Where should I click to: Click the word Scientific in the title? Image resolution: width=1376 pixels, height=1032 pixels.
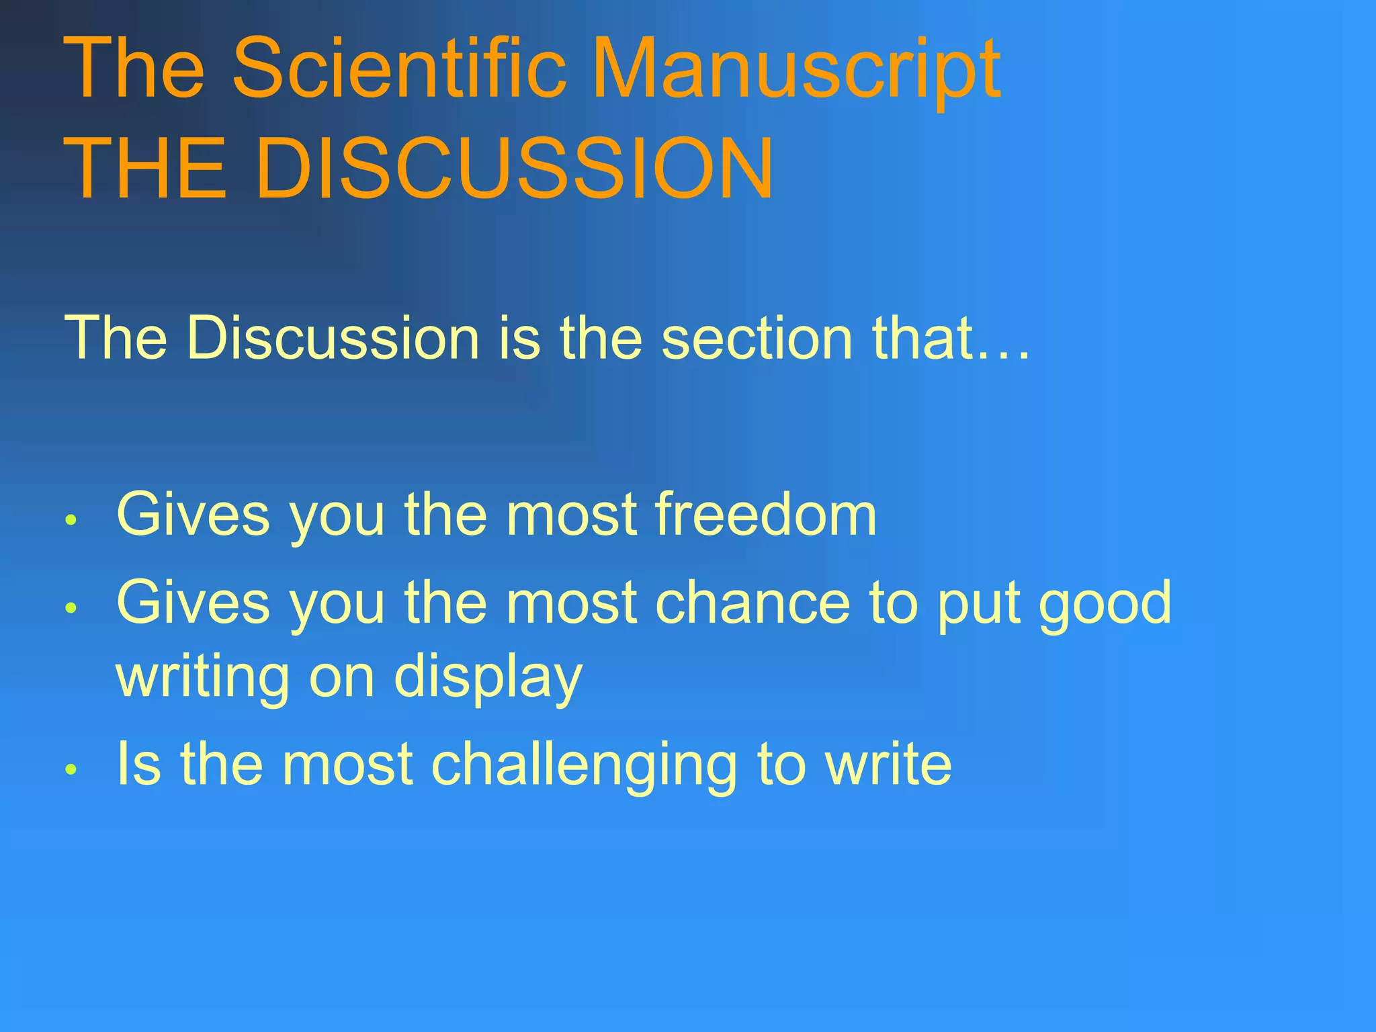399,69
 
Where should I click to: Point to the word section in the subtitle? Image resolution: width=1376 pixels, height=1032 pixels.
757,338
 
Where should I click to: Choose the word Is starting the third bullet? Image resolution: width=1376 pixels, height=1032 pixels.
138,763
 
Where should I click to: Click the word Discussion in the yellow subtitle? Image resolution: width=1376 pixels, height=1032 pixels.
333,338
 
